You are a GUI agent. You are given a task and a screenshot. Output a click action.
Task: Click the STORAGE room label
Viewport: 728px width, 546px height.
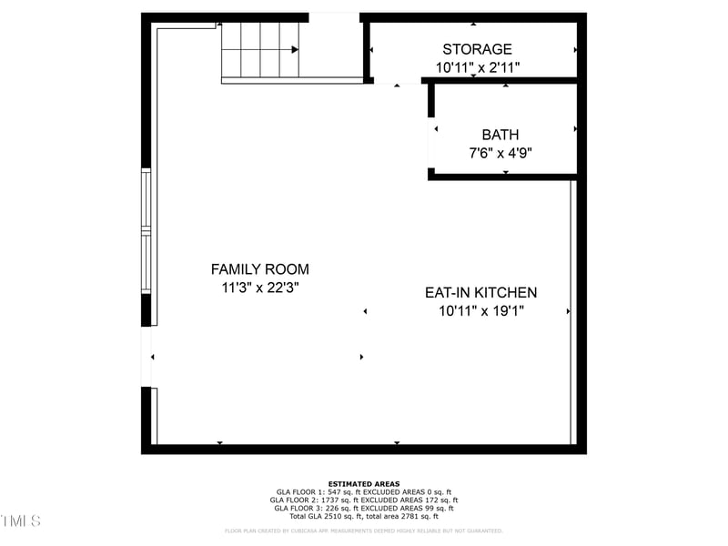pos(477,49)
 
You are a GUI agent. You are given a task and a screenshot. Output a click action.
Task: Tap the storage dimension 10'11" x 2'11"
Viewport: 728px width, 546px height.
pos(477,67)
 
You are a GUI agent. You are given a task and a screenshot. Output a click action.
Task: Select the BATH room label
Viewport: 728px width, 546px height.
pos(500,135)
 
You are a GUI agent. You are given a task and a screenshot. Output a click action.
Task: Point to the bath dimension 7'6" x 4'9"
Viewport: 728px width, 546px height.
pos(500,153)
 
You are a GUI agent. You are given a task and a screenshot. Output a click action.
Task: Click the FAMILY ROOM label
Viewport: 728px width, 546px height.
pos(259,269)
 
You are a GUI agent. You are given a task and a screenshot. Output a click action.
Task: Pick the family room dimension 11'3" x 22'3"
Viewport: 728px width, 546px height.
pos(259,288)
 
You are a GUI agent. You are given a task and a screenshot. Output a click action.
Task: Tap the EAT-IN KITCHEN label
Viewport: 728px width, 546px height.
pos(480,293)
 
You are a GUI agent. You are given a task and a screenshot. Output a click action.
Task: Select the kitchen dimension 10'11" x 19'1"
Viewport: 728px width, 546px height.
pos(480,311)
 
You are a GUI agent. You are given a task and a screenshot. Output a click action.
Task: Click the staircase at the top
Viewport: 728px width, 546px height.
pos(260,51)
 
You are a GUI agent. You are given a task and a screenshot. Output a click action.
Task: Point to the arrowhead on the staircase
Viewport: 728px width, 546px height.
pos(294,51)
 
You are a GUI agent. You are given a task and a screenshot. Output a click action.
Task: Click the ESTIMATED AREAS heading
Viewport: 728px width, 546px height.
pos(364,484)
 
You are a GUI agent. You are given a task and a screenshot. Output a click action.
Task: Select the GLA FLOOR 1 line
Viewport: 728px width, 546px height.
pos(364,492)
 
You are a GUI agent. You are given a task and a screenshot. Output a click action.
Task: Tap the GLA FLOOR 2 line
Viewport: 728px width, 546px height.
pos(364,500)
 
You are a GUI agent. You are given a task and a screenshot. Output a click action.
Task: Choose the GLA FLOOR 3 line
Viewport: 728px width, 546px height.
pos(364,509)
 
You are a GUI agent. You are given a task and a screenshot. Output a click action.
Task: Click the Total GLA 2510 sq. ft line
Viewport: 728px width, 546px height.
pos(364,517)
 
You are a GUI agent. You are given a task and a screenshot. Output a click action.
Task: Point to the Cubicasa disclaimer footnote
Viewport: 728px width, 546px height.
pos(364,531)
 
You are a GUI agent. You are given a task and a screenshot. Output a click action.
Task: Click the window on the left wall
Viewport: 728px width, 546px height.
pos(146,231)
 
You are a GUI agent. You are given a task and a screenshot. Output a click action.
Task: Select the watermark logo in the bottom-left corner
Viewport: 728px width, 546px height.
pos(20,521)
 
